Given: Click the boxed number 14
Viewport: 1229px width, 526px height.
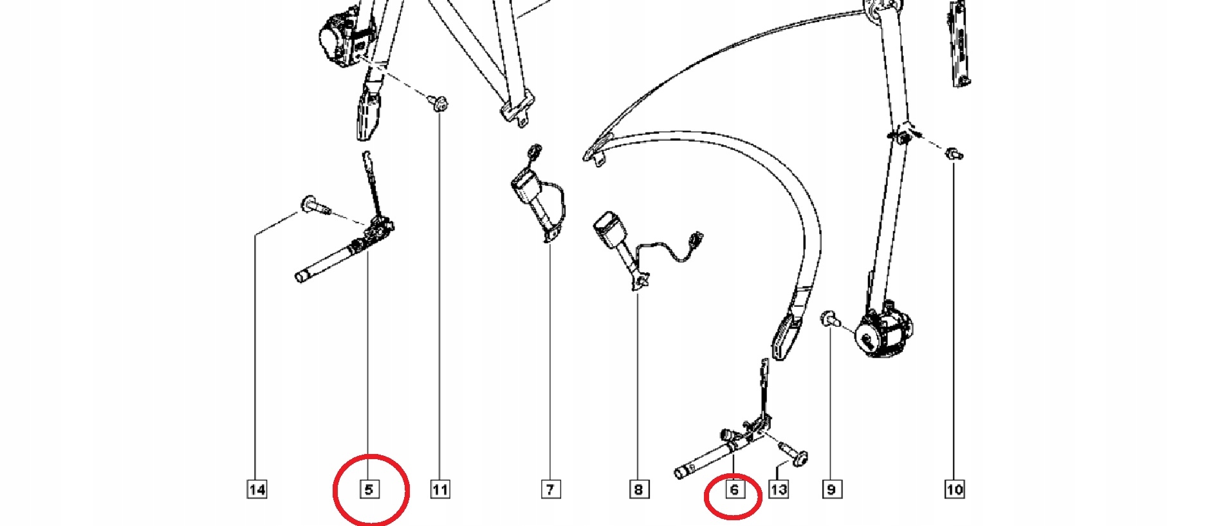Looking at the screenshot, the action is click(x=257, y=489).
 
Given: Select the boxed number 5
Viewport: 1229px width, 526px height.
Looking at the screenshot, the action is click(x=369, y=489).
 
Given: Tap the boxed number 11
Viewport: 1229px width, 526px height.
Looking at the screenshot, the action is click(x=440, y=489).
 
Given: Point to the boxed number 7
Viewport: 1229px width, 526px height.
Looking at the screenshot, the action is click(x=550, y=489).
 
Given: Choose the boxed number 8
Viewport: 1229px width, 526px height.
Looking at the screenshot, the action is click(x=638, y=489).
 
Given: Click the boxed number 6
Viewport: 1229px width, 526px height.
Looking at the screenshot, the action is click(x=734, y=489).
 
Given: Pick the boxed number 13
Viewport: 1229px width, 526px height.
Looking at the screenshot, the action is click(x=779, y=489).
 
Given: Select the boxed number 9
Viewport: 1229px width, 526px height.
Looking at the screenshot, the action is click(x=831, y=489).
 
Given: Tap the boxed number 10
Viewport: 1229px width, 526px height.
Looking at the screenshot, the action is click(x=955, y=489).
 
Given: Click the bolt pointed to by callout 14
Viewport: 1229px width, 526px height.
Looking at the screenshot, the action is click(x=315, y=205).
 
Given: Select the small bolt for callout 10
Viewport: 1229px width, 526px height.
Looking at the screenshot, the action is click(x=954, y=154).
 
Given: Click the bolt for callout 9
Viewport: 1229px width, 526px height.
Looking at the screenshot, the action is click(x=831, y=319).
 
